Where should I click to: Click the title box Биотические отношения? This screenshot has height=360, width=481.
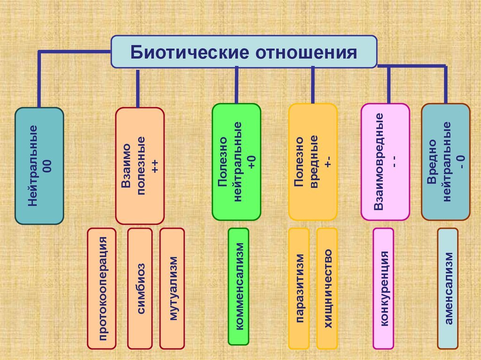[x=244, y=52]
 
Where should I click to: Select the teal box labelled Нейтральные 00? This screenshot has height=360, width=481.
[x=39, y=166]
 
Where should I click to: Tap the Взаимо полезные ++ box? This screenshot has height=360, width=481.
[x=140, y=166]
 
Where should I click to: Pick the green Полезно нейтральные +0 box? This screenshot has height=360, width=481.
[x=237, y=162]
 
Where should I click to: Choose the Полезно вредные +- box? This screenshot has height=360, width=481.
[x=313, y=162]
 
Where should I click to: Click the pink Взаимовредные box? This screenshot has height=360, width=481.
[x=385, y=162]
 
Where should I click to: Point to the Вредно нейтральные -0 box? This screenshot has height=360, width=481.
[x=446, y=162]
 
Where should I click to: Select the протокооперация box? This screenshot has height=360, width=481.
[x=101, y=289]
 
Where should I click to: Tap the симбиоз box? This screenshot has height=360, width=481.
[x=140, y=289]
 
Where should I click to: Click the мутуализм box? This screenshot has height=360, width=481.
[x=172, y=289]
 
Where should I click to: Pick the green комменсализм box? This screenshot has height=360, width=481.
[x=238, y=286]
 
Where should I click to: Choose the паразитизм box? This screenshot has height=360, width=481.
[x=299, y=289]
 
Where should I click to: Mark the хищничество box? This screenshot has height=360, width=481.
[x=327, y=289]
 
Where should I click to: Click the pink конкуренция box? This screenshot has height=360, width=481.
[x=383, y=289]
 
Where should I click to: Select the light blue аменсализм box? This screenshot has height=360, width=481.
[x=448, y=289]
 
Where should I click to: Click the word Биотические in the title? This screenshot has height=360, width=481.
[x=189, y=52]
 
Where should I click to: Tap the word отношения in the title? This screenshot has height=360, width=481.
[x=306, y=53]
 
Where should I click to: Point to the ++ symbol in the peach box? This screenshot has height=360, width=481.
[x=155, y=166]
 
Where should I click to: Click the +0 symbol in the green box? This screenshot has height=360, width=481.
[x=252, y=162]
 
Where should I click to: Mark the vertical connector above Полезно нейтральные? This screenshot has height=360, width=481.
[x=237, y=85]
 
